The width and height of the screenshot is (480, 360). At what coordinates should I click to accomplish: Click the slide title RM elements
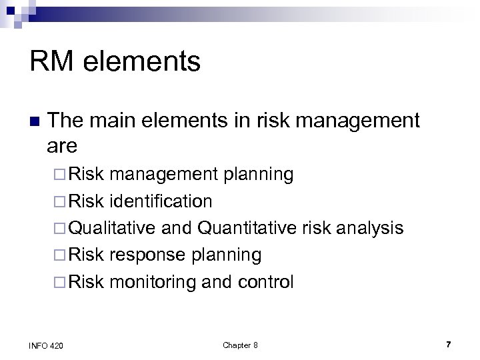click(115, 62)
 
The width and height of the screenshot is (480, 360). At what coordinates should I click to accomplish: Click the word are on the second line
click(63, 145)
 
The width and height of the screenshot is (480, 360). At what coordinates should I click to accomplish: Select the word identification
click(161, 201)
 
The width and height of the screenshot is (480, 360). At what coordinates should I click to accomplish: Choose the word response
click(147, 255)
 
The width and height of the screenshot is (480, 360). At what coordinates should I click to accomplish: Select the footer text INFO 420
click(47, 345)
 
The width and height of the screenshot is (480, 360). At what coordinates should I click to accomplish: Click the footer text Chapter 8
click(240, 345)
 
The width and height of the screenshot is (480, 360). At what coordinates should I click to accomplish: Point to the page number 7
click(449, 344)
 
